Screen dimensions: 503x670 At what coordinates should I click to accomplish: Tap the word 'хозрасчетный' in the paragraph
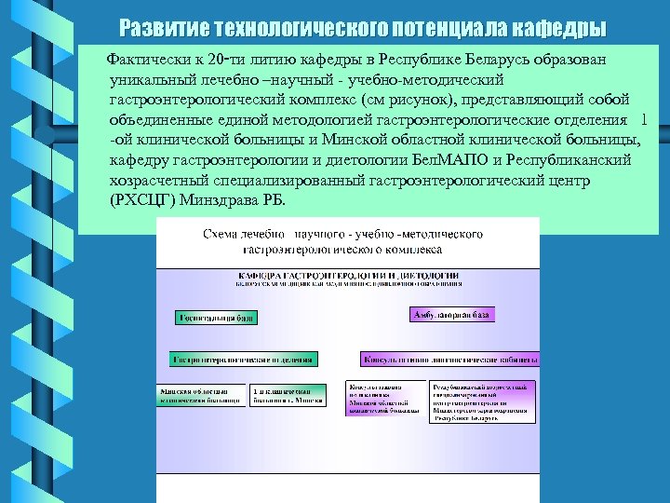click(152, 181)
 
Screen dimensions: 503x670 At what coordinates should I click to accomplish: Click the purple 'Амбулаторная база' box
click(450, 315)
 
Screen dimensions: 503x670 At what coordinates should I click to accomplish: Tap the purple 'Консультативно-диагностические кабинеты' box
click(449, 359)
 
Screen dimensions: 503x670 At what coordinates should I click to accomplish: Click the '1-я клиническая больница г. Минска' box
click(288, 396)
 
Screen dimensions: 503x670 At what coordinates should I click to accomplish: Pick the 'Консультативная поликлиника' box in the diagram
click(382, 398)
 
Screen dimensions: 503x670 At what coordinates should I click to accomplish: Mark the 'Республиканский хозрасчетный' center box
click(481, 401)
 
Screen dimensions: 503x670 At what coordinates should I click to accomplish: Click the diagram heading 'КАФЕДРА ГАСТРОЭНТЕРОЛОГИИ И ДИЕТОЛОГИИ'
click(348, 277)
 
